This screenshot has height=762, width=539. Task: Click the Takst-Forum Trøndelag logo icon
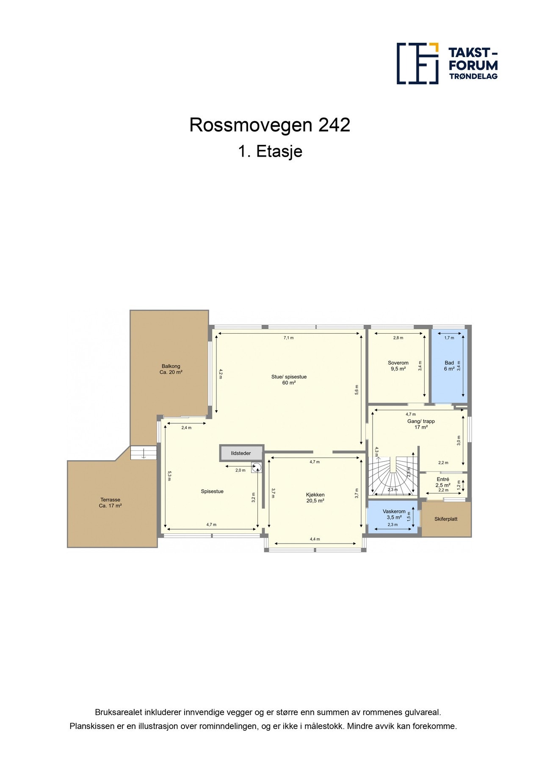coord(417,63)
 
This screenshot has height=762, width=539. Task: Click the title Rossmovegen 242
coord(269,125)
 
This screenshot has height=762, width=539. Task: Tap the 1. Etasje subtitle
coord(269,151)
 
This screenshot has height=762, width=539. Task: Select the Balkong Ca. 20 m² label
coord(171,369)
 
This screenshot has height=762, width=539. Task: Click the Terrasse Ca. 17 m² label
coord(111,502)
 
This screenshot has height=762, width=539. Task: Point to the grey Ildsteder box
coord(241,453)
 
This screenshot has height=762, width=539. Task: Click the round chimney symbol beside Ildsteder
coord(257,467)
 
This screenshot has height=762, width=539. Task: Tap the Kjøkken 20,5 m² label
coord(315,497)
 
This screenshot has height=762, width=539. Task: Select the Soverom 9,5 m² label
coord(398,366)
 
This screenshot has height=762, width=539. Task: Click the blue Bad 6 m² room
coord(449,381)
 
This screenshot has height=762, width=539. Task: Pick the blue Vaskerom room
coord(393,517)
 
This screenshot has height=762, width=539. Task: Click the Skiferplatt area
coord(446,519)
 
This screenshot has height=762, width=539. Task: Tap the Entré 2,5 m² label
coord(443,482)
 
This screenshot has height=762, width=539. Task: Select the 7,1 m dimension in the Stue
coord(288,338)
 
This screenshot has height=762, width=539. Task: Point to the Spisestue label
coord(212,491)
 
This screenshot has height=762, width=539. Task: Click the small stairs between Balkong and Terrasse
coord(144,453)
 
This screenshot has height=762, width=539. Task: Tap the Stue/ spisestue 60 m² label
coord(289,380)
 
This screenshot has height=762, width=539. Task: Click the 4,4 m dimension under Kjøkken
coord(315,539)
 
